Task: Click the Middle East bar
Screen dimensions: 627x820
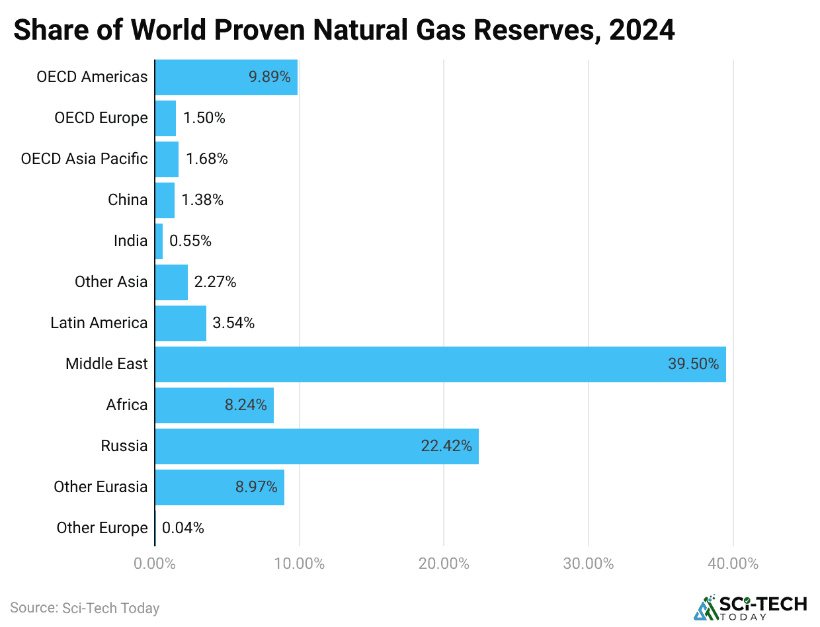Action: click(x=440, y=364)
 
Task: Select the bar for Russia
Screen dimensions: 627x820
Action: click(x=317, y=446)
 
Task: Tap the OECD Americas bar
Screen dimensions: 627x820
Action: click(x=226, y=77)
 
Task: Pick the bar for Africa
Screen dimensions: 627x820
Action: click(x=214, y=405)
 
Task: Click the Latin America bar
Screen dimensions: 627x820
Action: click(x=181, y=323)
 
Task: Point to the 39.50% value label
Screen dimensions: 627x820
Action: click(x=693, y=364)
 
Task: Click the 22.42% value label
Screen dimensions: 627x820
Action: click(x=446, y=446)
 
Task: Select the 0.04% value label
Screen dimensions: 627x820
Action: click(x=183, y=528)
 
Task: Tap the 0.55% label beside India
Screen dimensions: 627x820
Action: click(x=190, y=241)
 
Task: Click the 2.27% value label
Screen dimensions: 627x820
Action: click(x=215, y=282)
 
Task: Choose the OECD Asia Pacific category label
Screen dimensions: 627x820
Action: click(x=85, y=159)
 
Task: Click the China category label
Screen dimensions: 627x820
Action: click(x=128, y=200)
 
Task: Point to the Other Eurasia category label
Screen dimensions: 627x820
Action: click(x=101, y=487)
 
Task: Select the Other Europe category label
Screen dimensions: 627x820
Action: click(x=102, y=528)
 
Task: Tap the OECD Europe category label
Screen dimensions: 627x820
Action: click(x=101, y=118)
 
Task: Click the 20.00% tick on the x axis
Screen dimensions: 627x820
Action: click(x=444, y=564)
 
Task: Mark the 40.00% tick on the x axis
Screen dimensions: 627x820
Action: click(x=733, y=564)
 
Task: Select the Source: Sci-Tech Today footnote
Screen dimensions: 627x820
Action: click(x=85, y=608)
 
